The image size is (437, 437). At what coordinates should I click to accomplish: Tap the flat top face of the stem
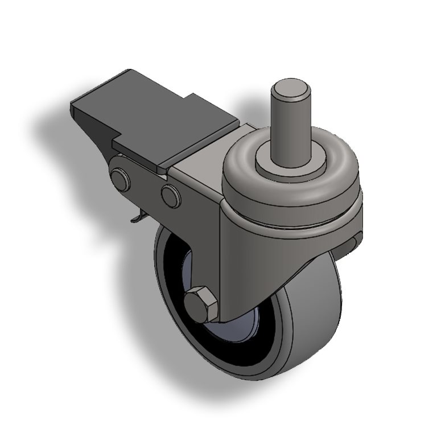pyautogui.click(x=291, y=89)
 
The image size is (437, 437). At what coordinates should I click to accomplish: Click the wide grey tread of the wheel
pyautogui.click(x=313, y=319)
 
